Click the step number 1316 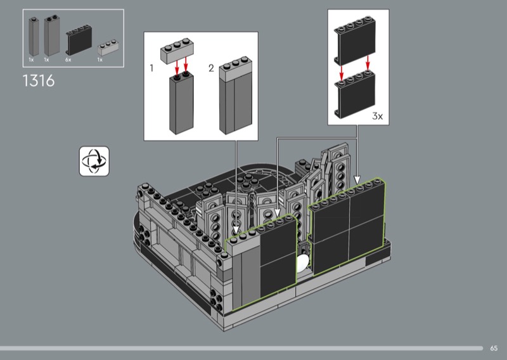click(x=39, y=80)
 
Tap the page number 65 click(x=494, y=348)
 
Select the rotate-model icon click(x=94, y=161)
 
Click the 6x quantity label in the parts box click(x=68, y=60)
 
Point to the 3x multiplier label click(x=377, y=116)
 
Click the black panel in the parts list click(x=79, y=39)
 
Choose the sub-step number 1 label click(x=151, y=68)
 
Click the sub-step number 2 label click(x=211, y=68)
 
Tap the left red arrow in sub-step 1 click(x=177, y=67)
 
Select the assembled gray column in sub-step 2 click(x=236, y=95)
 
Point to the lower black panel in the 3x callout click(x=355, y=94)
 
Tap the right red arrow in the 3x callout click(x=368, y=63)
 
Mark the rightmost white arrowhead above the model click(x=357, y=180)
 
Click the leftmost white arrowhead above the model click(x=236, y=229)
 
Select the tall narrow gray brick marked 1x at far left click(x=34, y=37)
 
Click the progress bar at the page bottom click(x=241, y=349)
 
